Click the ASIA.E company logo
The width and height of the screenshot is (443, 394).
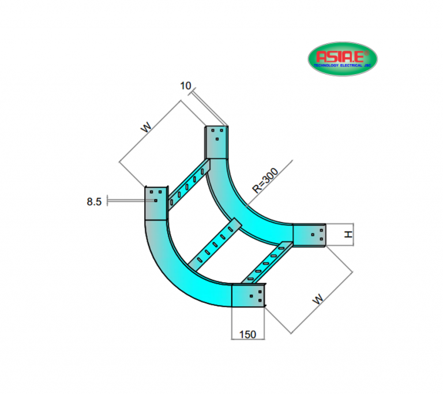[343, 58]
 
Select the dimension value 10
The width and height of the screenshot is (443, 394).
[185, 86]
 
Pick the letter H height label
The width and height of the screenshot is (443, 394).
[347, 235]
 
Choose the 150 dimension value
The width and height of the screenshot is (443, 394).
[248, 333]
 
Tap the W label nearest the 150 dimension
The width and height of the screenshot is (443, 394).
[317, 299]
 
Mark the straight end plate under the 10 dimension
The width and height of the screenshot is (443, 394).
[216, 141]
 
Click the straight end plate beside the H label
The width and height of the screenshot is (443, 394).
[310, 235]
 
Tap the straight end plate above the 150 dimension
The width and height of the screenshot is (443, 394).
[249, 296]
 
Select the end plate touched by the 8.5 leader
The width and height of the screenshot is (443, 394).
[155, 202]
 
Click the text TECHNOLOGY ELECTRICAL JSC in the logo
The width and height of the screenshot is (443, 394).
[343, 66]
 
